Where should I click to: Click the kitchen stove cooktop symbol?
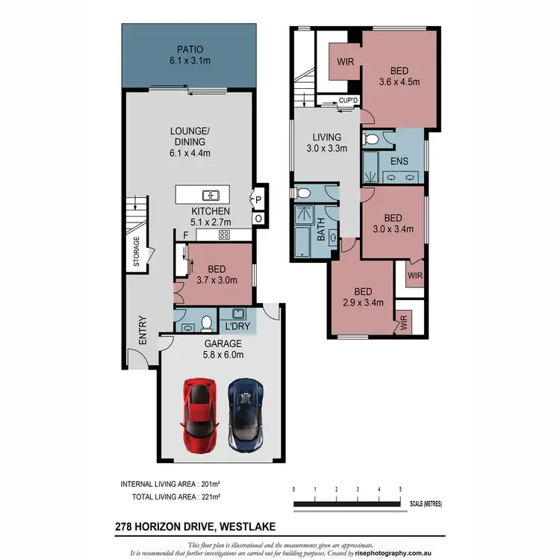(x=223, y=234)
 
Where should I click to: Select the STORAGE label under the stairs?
(x=137, y=252)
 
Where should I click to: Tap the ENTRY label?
(x=142, y=331)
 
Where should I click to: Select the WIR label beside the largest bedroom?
(x=345, y=62)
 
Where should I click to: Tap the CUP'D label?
(x=348, y=100)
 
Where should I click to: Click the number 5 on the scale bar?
(x=401, y=489)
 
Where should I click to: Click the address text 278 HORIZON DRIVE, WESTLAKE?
(x=198, y=526)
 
